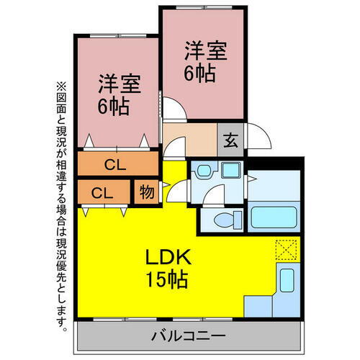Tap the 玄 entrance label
pos(228,140)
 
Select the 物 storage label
pos(146,192)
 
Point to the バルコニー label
pos(189,336)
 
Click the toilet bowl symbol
pos(220,220)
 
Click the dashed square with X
pos(286,249)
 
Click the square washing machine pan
pos(232,171)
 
